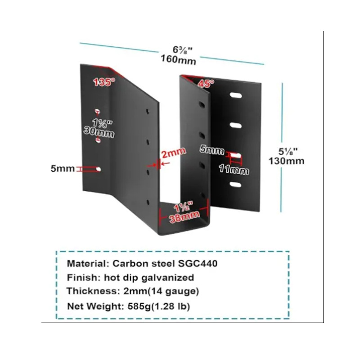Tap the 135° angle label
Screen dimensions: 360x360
[x=104, y=82]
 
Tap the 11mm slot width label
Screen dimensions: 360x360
[x=234, y=171]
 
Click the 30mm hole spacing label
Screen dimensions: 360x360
[x=99, y=133]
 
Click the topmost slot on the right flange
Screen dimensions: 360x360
[x=235, y=95]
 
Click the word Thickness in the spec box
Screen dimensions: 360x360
[x=86, y=292]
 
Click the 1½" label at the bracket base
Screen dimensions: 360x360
[x=184, y=208]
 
